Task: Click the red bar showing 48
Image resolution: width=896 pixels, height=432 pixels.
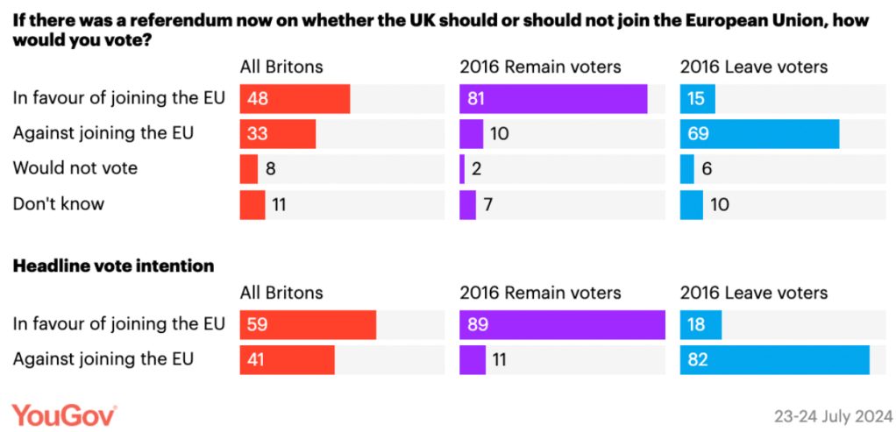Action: click(x=295, y=99)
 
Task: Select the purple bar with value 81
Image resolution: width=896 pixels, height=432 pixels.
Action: click(x=553, y=99)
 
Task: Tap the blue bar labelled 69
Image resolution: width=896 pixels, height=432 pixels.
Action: click(x=759, y=134)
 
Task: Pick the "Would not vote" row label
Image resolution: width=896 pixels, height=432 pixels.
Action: click(x=75, y=168)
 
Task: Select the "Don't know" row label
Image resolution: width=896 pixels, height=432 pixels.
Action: click(x=59, y=204)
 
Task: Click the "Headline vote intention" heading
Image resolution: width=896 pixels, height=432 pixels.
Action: click(x=113, y=266)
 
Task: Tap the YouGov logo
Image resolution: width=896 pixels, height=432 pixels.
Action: click(x=64, y=412)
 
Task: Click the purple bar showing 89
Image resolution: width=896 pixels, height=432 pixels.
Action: click(x=562, y=324)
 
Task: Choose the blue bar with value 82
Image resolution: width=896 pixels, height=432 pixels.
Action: click(x=774, y=359)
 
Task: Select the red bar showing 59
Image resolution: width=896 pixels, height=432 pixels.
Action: click(x=308, y=324)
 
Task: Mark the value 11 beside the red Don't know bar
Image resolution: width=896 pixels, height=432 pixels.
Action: click(x=278, y=204)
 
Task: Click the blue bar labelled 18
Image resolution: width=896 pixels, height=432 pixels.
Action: click(x=700, y=324)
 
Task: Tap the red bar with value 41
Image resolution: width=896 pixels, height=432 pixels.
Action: click(x=288, y=359)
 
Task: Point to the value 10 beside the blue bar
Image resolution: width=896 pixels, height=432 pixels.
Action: click(x=719, y=204)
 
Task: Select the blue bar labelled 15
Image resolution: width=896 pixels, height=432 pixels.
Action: click(x=697, y=99)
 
